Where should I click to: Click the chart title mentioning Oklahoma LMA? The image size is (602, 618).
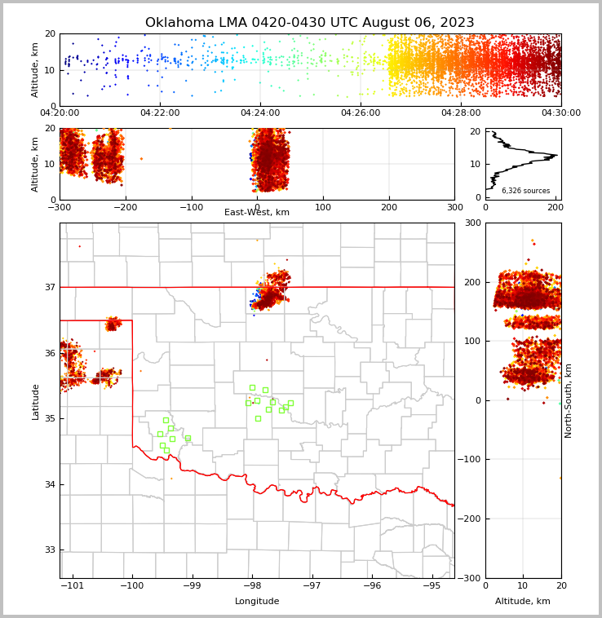coord(309,23)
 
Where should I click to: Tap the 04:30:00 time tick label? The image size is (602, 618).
coord(560,113)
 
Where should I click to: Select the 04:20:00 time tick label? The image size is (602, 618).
coord(60,113)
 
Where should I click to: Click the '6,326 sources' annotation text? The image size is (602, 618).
coord(525,191)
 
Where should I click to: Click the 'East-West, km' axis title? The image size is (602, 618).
coord(257,213)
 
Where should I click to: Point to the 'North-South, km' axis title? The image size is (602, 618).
coord(569,400)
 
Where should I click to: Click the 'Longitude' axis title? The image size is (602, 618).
coord(257,602)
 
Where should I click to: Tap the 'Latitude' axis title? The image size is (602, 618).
coord(35,401)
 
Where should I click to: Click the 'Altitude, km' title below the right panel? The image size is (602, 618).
coord(523,602)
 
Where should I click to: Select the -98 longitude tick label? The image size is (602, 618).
coord(252,585)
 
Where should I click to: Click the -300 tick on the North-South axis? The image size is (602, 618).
coord(471,578)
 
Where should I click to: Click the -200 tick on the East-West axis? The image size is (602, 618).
coord(126,207)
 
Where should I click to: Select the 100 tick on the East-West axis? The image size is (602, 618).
coord(323,207)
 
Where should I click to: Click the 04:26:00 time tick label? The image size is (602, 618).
coord(361,113)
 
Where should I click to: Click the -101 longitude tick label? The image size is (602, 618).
coord(72,585)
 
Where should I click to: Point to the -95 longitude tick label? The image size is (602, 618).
coord(432,585)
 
